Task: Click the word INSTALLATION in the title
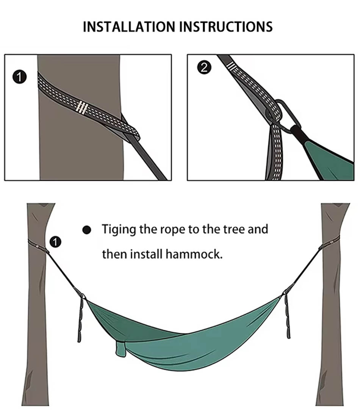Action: [129, 27]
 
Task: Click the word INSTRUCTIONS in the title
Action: [226, 27]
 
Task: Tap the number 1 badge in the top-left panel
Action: [20, 77]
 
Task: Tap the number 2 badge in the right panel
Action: [204, 67]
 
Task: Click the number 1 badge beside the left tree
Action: [55, 242]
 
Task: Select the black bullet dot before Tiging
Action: [86, 230]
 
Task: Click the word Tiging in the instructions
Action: [119, 230]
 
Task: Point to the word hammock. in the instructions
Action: [194, 254]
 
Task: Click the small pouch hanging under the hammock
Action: [121, 349]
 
